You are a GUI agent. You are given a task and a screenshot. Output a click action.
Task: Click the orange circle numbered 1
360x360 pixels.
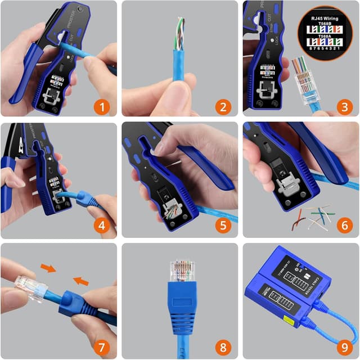(102, 106)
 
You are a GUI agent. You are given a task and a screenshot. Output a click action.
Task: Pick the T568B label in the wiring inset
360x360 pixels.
(326, 24)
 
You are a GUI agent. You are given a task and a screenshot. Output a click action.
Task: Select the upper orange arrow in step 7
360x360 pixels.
(49, 268)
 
